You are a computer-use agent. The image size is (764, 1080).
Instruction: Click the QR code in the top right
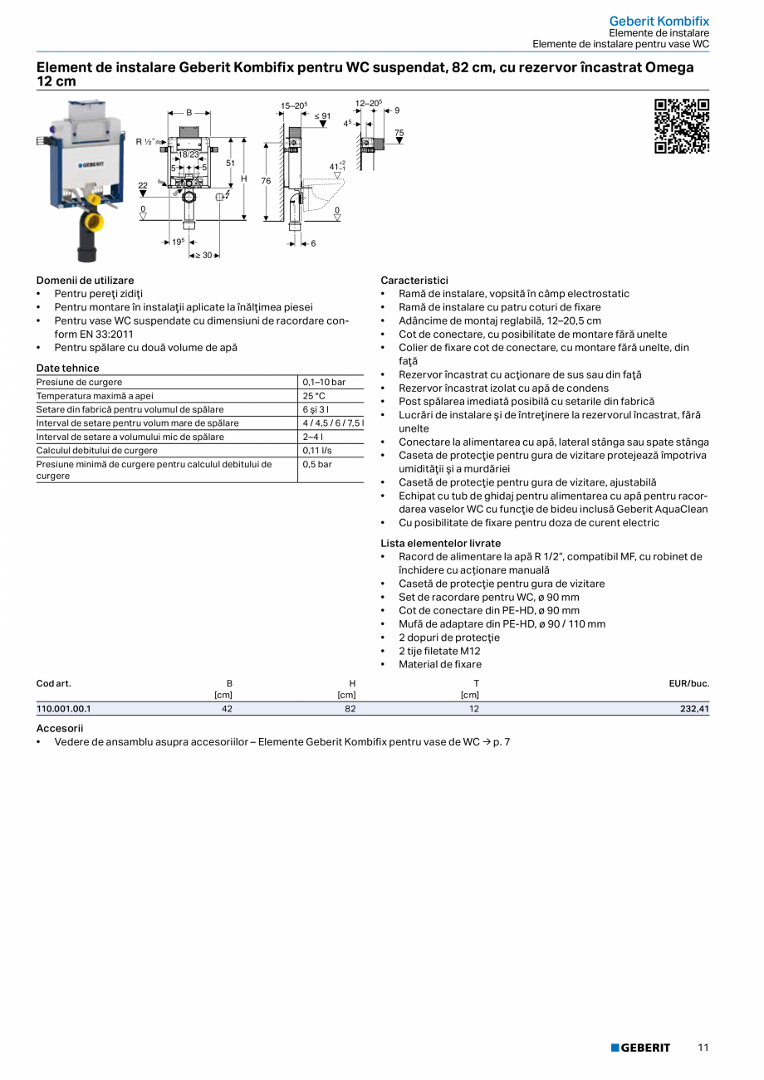tap(682, 126)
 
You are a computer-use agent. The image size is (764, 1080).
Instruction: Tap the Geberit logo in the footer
tap(640, 1048)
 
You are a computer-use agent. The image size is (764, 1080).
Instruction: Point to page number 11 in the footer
tap(703, 1048)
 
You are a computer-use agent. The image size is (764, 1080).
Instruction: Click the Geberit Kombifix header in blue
tap(659, 21)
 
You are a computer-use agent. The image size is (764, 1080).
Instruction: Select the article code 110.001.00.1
tap(64, 709)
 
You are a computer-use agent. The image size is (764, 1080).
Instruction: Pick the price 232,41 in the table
tap(693, 709)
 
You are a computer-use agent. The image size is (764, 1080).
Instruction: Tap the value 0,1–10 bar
tap(324, 382)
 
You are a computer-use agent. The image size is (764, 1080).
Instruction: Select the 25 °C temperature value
tap(314, 396)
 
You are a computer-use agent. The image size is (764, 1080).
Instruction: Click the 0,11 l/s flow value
tap(317, 450)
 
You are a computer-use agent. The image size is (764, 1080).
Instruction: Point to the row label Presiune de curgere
tap(79, 382)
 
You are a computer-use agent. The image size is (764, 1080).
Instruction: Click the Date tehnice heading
tap(67, 368)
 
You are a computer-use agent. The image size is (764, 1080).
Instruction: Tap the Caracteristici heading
tap(414, 281)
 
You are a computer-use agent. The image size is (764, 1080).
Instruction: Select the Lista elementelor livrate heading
tap(440, 543)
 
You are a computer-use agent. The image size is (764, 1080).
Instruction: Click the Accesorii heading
tap(60, 727)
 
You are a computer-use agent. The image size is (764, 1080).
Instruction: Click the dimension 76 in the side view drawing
tap(266, 180)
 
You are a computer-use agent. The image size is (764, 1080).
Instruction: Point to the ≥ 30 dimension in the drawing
tap(203, 255)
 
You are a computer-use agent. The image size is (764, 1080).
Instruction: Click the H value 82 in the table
tap(350, 709)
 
